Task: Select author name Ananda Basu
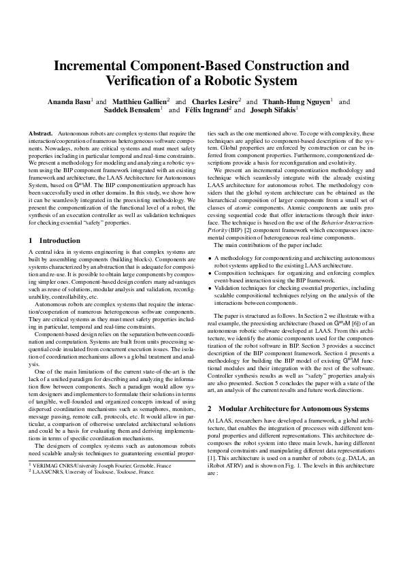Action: (x=67, y=101)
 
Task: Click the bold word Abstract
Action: (x=42, y=133)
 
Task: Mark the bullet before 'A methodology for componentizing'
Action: (x=210, y=278)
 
